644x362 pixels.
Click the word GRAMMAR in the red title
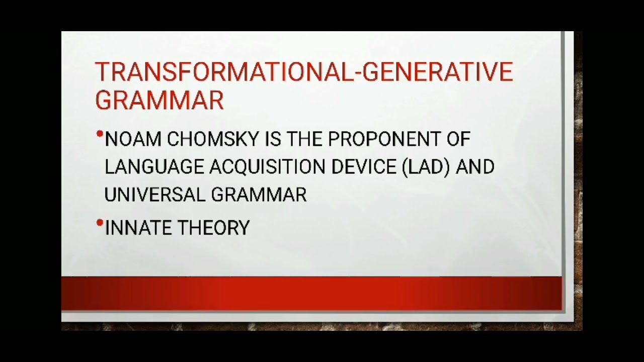[x=159, y=100]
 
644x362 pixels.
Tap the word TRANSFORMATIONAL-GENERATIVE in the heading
[x=303, y=72]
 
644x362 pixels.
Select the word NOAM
[x=133, y=139]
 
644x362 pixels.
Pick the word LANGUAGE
[x=154, y=167]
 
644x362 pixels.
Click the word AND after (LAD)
[x=475, y=167]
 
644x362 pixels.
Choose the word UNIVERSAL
[x=154, y=195]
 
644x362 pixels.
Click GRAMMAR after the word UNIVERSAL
[x=259, y=195]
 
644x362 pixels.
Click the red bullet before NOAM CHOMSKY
[x=100, y=134]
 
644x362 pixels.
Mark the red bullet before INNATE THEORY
[x=100, y=222]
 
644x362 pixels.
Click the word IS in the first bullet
[x=273, y=139]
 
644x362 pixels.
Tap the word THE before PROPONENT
[x=304, y=139]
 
